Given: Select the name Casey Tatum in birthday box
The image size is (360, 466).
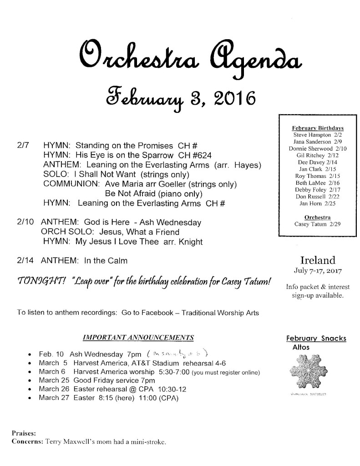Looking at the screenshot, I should tap(312, 224).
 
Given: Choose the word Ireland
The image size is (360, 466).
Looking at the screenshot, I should tap(318, 261).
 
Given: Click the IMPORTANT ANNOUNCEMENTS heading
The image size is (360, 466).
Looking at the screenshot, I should tap(138, 337).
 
